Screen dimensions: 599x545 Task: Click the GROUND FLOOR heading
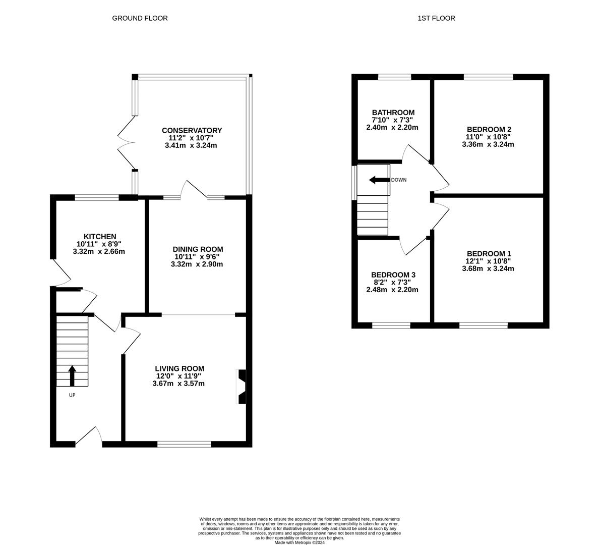[x=140, y=18]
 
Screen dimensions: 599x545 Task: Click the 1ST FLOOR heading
[x=436, y=18]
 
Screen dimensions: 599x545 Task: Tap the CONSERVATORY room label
[x=192, y=130]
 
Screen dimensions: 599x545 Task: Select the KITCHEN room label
[x=100, y=237]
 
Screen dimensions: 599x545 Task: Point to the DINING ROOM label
[x=198, y=249]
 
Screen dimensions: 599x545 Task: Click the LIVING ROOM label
[x=179, y=369]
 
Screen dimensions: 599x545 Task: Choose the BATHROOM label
[x=393, y=113]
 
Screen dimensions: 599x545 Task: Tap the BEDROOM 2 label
[x=489, y=130]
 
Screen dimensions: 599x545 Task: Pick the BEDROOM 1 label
[x=489, y=253]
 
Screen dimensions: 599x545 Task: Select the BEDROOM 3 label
[x=393, y=275]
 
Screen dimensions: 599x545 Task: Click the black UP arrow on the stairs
[x=72, y=375]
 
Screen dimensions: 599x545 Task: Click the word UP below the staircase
[x=72, y=395]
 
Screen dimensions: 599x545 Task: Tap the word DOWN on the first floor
[x=399, y=180]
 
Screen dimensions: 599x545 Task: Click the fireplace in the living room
[x=242, y=387]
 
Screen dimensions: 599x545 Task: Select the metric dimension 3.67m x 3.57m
[x=178, y=384]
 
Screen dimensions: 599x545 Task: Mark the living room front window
[x=184, y=444]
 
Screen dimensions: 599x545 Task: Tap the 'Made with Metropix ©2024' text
[x=299, y=542]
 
